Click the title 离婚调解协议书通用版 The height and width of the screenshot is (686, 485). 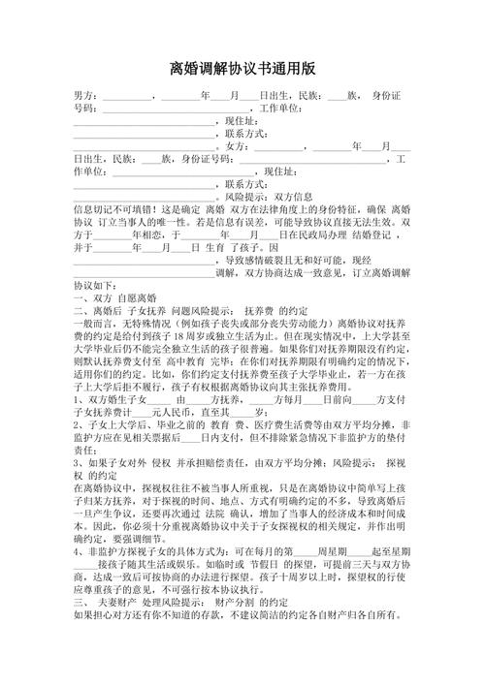[x=242, y=69]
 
